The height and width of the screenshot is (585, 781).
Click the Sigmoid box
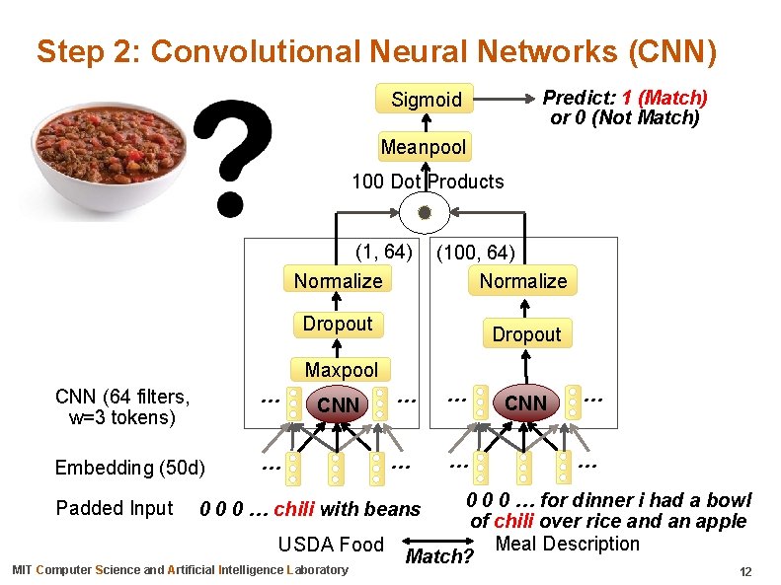coord(426,100)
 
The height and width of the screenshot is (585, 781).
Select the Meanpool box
coord(424,148)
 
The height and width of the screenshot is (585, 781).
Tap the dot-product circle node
coord(425,212)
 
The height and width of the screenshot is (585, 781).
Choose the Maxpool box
coord(341,371)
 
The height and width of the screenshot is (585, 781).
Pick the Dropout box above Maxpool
coord(338,324)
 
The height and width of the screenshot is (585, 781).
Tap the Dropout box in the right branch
coord(526,334)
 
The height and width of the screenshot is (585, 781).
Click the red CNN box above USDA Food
coord(338,404)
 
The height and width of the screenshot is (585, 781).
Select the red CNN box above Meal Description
coord(525,402)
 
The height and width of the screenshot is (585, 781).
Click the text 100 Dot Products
coord(428,182)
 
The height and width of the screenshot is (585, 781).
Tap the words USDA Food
coord(331,545)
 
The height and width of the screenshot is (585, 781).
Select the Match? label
coord(439,557)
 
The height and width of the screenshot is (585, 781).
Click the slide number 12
coord(745,572)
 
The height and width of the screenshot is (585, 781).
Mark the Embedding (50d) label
coord(130,468)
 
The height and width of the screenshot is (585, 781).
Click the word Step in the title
coord(68,51)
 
